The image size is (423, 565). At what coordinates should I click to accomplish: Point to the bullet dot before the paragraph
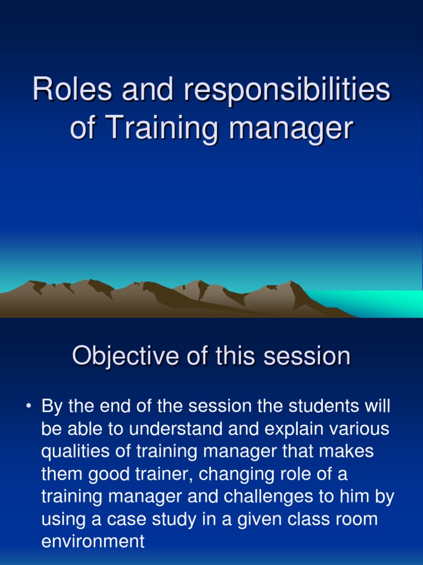point(28,408)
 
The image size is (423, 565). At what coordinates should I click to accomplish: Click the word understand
point(153,429)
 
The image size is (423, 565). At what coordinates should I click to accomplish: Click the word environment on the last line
point(93,542)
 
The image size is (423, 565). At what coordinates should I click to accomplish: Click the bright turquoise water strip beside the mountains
point(380,303)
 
